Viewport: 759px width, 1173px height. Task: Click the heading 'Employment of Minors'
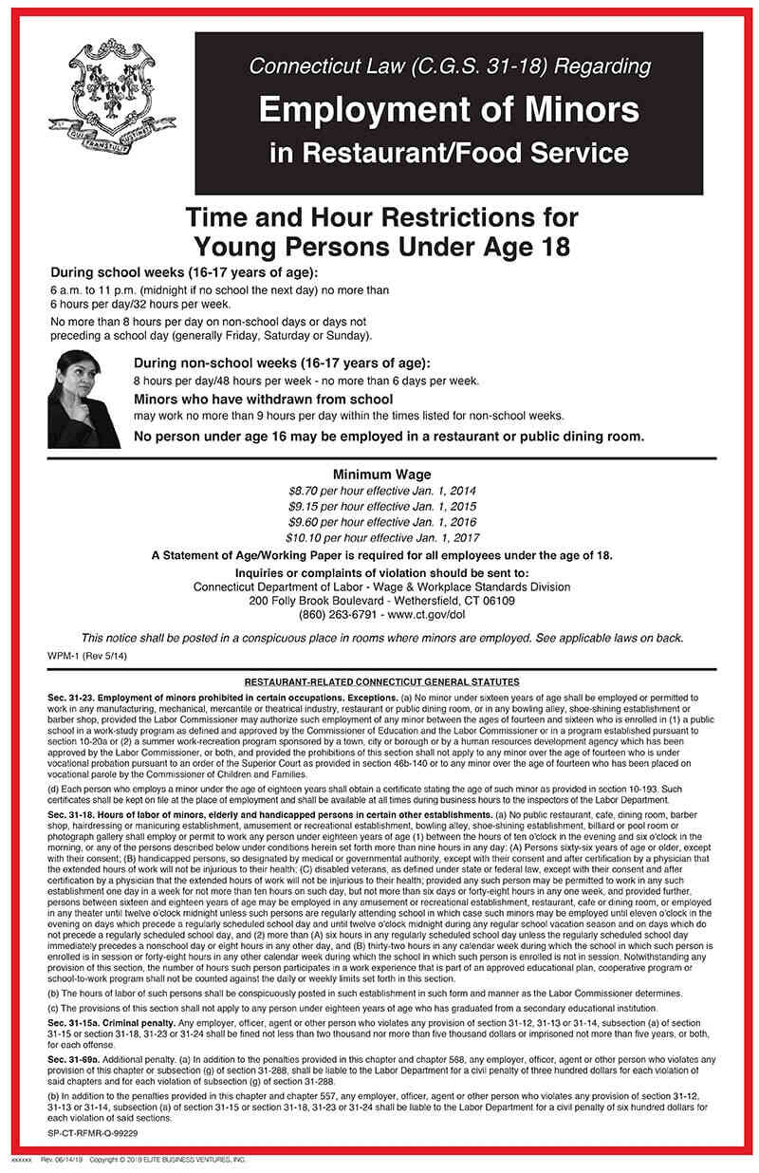point(449,110)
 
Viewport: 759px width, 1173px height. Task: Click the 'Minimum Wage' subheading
point(381,475)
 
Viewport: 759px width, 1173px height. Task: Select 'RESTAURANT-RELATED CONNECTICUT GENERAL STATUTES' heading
point(381,681)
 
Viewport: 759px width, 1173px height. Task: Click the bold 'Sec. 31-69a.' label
point(74,1057)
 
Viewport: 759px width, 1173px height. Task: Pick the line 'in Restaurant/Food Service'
point(449,152)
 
